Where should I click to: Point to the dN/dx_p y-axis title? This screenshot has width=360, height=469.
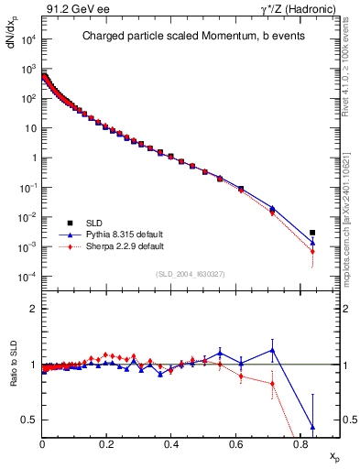(12, 43)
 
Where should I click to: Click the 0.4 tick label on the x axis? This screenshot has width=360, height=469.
(171, 444)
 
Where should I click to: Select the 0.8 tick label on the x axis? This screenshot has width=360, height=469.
(300, 444)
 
